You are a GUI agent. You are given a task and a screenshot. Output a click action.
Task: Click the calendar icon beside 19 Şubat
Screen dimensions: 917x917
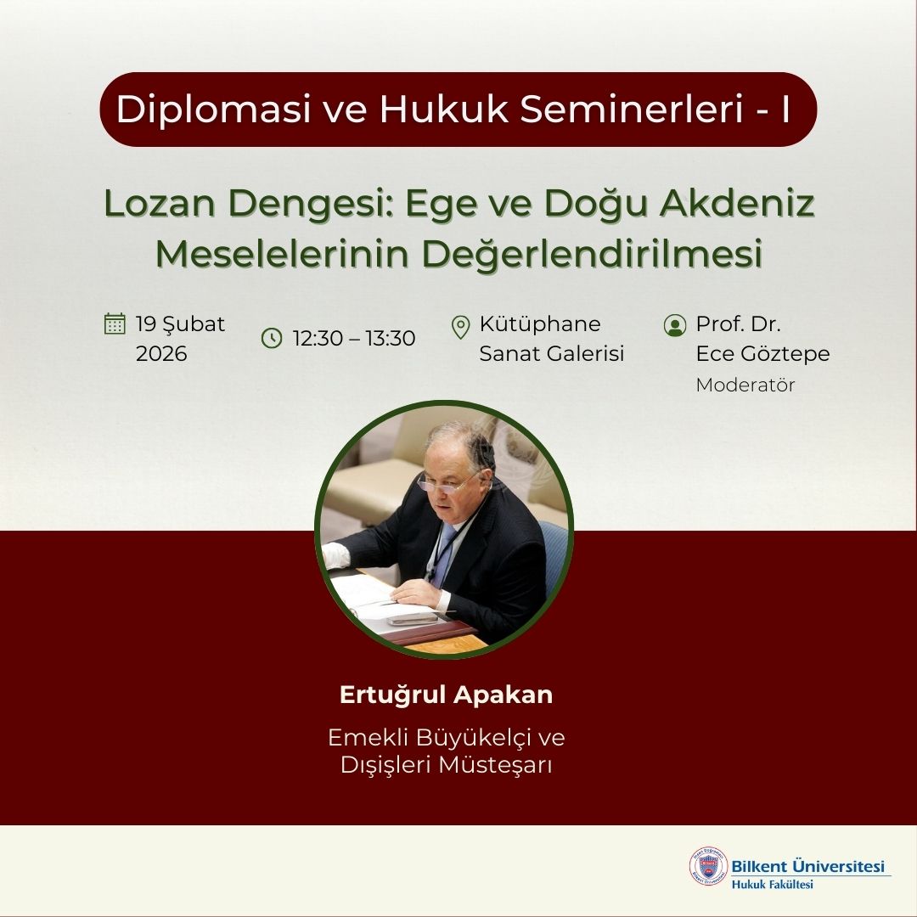[115, 323]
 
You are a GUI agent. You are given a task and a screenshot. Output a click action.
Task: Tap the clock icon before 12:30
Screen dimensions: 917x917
[272, 339]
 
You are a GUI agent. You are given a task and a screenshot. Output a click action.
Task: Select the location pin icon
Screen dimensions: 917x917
[461, 325]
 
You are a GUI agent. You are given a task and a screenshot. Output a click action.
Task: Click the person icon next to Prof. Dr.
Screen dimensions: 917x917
[675, 325]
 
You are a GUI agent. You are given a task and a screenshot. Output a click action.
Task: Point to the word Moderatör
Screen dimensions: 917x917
[745, 385]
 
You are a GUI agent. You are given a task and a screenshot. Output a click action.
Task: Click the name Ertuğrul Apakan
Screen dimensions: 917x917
[446, 695]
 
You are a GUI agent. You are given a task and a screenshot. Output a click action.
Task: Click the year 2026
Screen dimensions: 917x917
[161, 353]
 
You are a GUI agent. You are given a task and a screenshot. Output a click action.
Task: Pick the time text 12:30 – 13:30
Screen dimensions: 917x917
[354, 339]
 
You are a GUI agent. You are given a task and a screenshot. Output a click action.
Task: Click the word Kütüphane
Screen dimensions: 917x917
[540, 324]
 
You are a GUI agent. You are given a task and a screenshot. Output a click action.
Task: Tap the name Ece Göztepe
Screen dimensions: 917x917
[762, 353]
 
